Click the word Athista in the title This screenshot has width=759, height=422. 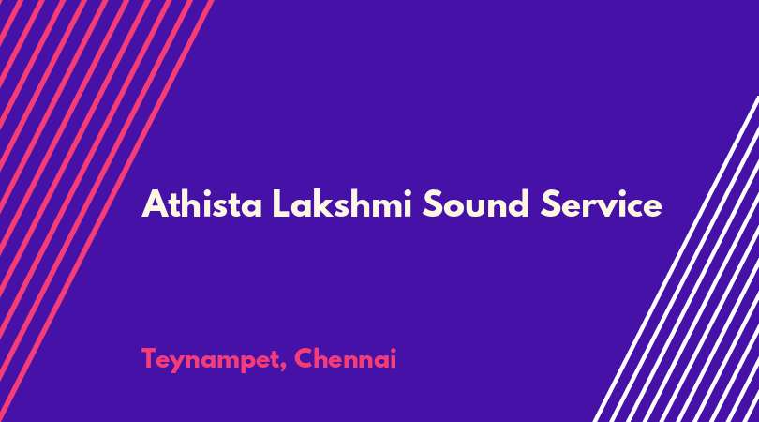[x=201, y=204]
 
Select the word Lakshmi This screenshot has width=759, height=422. [x=342, y=203]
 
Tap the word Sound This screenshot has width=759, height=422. [x=475, y=204]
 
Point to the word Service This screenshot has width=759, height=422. [x=602, y=204]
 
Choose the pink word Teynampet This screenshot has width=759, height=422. [x=211, y=360]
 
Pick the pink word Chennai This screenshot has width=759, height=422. [x=345, y=358]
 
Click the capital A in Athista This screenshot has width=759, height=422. [x=154, y=204]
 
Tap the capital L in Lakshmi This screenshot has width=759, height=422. [x=281, y=204]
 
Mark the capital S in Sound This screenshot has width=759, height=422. [x=432, y=204]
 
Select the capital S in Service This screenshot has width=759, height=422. [x=550, y=204]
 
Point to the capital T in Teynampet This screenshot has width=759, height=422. [x=150, y=358]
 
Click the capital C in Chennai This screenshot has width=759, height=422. [x=304, y=358]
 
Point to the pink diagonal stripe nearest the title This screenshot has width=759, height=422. [x=107, y=211]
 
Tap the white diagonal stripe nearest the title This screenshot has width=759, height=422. [x=676, y=259]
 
